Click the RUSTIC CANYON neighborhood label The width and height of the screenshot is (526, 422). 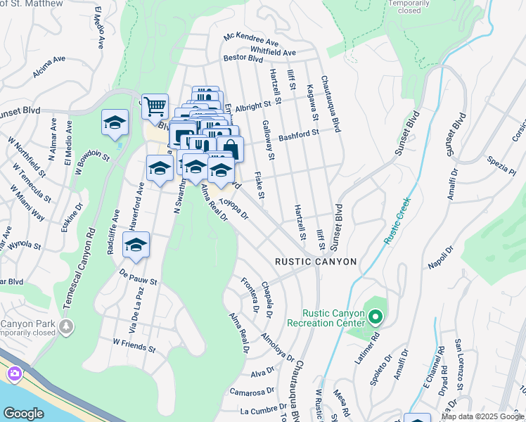[x=316, y=262]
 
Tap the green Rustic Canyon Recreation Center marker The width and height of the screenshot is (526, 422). [x=375, y=317]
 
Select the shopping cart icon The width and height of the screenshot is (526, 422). [x=155, y=106]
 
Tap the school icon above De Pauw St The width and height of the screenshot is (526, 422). [x=136, y=245]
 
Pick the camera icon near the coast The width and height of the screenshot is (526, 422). [x=14, y=373]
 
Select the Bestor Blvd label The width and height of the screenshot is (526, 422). [x=243, y=58]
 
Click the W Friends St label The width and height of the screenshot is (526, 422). [x=134, y=345]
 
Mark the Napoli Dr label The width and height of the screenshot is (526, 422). [x=440, y=259]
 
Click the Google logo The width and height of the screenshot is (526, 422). [x=23, y=413]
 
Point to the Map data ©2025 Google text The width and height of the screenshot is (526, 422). [x=481, y=416]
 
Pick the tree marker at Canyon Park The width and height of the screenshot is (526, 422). [x=66, y=327]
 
